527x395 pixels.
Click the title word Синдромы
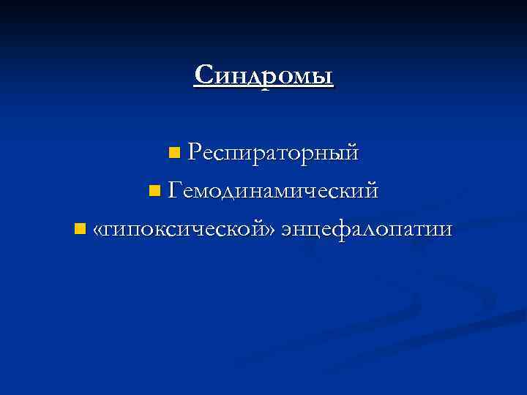point(263,75)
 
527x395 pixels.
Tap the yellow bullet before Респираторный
point(173,153)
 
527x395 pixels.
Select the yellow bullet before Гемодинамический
point(152,192)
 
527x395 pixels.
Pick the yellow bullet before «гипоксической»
point(80,230)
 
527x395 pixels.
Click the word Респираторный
point(272,153)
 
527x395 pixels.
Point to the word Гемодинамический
point(273,192)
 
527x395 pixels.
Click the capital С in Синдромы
point(204,75)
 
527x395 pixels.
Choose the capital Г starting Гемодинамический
point(174,191)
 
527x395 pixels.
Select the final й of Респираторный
point(351,153)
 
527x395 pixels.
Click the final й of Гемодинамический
point(372,192)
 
